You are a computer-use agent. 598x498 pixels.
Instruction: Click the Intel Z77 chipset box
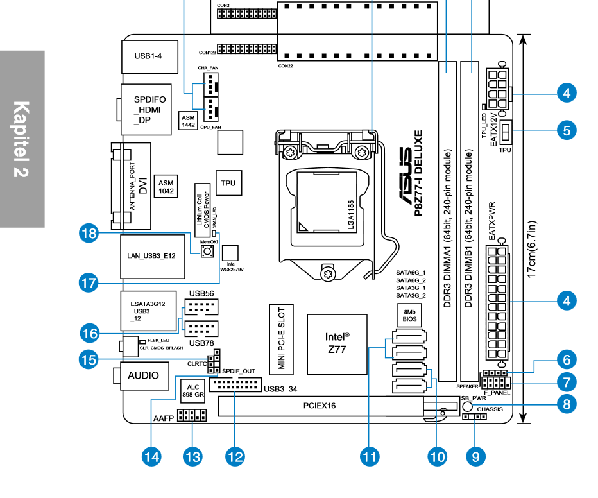(337, 344)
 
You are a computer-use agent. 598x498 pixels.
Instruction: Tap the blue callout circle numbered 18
(89, 233)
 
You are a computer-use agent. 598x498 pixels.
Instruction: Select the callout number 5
(567, 130)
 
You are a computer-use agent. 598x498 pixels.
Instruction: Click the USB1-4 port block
(150, 56)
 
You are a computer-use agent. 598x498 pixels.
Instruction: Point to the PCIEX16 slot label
(320, 406)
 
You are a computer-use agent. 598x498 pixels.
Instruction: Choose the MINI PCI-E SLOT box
(282, 339)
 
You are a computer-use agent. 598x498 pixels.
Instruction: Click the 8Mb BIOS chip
(409, 315)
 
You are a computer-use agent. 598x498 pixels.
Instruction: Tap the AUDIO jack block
(144, 375)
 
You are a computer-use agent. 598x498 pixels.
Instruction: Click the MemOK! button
(207, 252)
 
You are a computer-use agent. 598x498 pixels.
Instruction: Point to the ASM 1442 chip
(188, 121)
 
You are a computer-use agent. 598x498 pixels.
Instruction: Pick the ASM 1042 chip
(166, 187)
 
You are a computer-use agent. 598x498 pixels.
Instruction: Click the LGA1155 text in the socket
(351, 215)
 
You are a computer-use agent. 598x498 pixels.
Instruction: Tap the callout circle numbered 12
(235, 456)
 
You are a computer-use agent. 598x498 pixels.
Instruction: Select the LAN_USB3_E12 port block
(153, 256)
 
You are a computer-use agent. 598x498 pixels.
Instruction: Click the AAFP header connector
(192, 415)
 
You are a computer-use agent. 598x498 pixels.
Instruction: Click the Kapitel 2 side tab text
(21, 139)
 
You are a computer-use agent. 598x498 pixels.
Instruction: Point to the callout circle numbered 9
(475, 456)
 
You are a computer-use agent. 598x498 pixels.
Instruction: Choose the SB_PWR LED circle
(467, 406)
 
